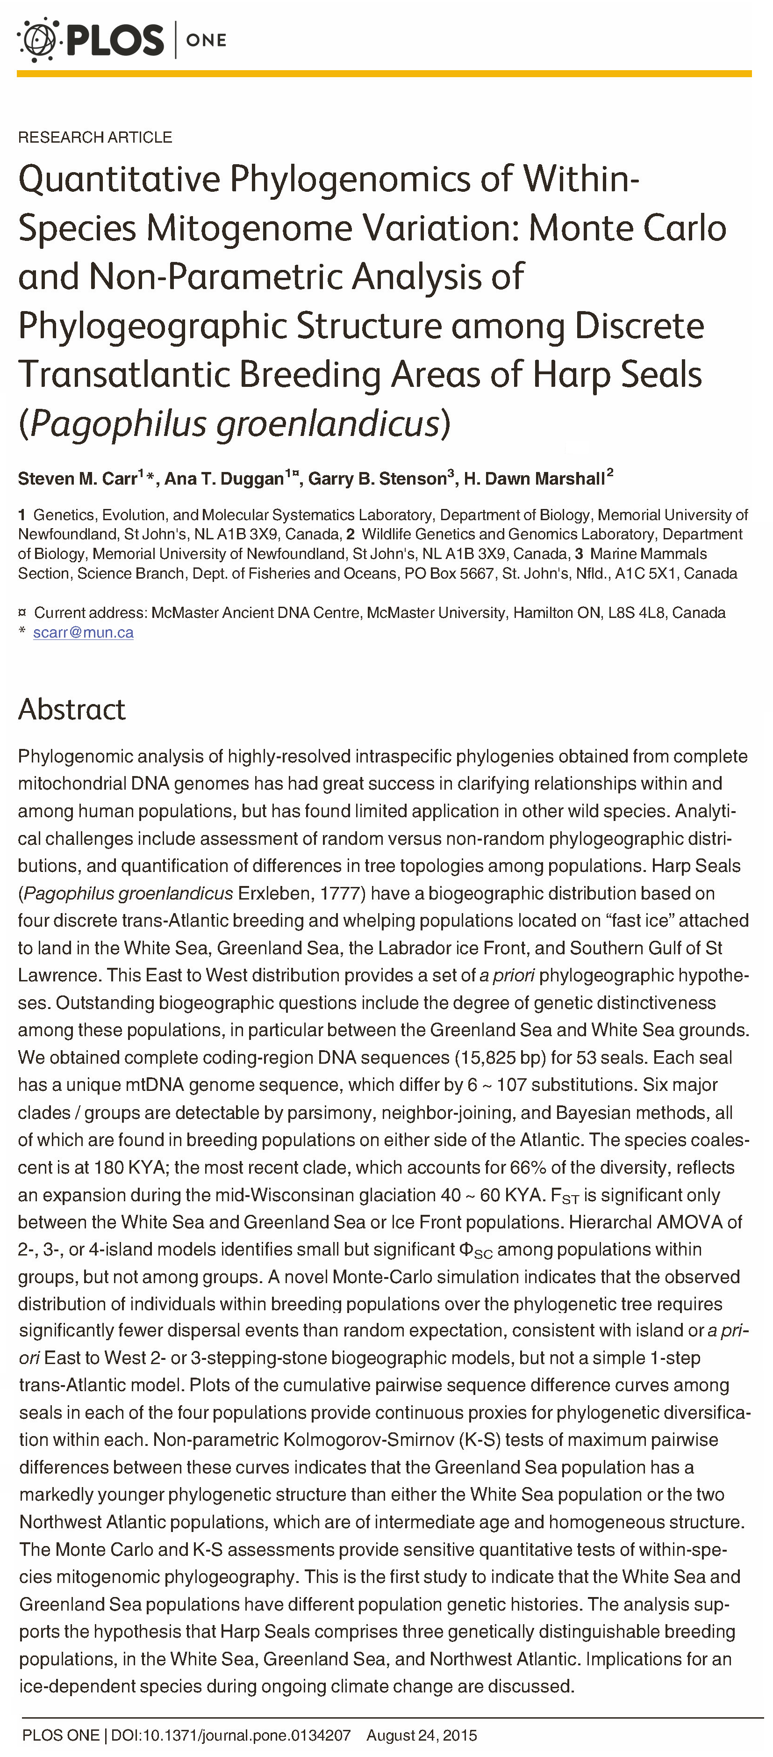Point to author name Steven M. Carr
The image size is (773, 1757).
tap(78, 479)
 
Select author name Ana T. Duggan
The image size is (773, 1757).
tap(223, 479)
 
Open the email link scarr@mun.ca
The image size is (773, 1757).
tap(83, 632)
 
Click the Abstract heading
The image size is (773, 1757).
tap(72, 709)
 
